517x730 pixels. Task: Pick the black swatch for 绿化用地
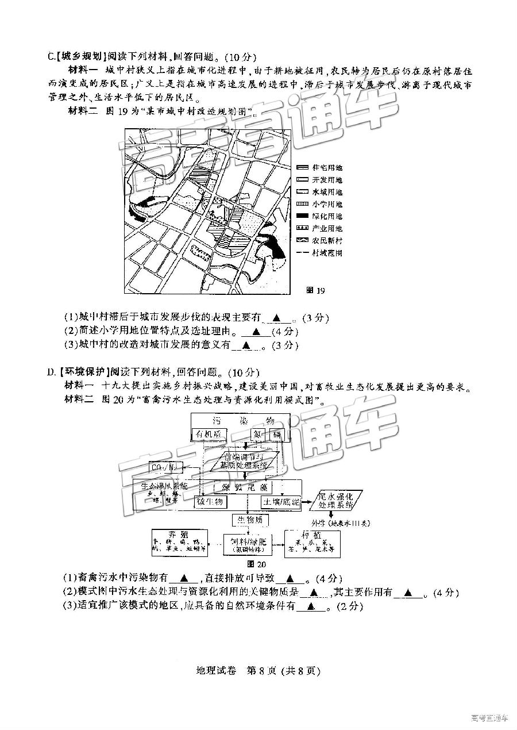(302, 216)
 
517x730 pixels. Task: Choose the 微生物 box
(212, 501)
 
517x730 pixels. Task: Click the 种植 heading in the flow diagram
(313, 533)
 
